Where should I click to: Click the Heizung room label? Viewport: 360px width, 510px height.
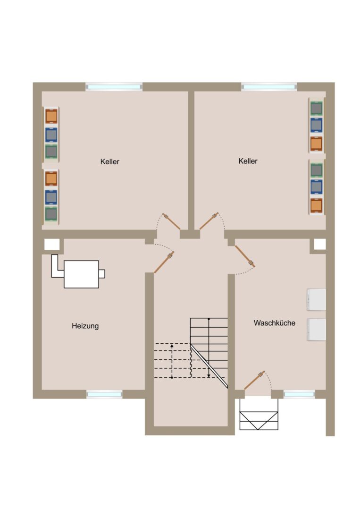point(85,326)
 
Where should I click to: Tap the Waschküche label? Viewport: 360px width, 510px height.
point(275,323)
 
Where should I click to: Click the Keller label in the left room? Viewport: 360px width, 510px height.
point(110,161)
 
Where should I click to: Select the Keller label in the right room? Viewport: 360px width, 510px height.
point(248,161)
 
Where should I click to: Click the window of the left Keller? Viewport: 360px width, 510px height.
point(114,87)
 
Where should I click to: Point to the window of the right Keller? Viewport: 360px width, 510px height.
point(269,87)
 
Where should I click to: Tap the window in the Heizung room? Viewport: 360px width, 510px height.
point(104,394)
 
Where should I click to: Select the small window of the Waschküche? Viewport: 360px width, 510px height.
point(299,394)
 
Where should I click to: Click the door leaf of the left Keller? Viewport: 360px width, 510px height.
point(172,221)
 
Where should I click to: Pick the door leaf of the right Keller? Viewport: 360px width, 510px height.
point(209,221)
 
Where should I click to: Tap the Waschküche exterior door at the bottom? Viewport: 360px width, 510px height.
point(254,380)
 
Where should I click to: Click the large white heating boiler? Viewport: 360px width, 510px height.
point(81,274)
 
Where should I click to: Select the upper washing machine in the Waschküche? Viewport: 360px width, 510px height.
point(316,299)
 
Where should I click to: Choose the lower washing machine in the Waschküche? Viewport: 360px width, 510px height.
point(316,330)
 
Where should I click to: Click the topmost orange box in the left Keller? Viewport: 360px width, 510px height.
point(51,116)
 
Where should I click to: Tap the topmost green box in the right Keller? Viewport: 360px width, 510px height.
point(316,108)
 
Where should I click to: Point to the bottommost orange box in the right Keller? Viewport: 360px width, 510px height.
point(316,205)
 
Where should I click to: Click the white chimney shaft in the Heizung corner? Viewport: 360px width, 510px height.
point(52,245)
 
